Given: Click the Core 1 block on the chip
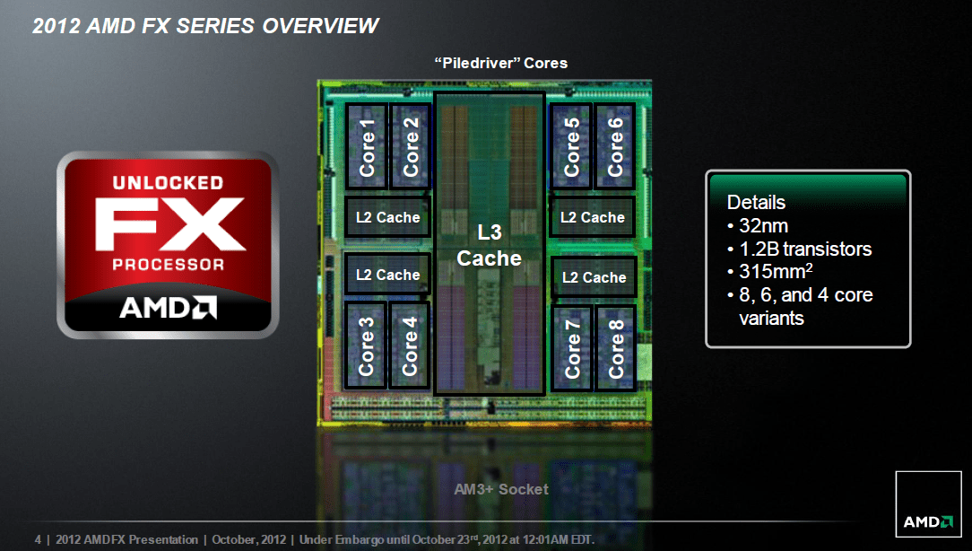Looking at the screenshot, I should (x=367, y=145).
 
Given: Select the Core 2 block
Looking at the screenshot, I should (x=410, y=145).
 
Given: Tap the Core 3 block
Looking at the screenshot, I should (x=367, y=345).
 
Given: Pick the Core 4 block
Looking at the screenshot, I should (x=410, y=345).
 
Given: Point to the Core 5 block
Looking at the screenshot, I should (x=571, y=145).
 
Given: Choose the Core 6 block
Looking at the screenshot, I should (x=615, y=145).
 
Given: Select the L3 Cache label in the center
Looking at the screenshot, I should (x=489, y=246).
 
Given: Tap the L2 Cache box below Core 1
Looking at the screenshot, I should (x=387, y=217).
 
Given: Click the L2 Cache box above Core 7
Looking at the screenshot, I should (x=594, y=277).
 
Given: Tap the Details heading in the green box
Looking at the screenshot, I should (x=756, y=202).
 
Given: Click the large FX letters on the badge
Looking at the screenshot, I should (x=169, y=224).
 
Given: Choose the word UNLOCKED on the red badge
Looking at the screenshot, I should (x=168, y=183).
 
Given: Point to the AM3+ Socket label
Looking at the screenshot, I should (x=500, y=489).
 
